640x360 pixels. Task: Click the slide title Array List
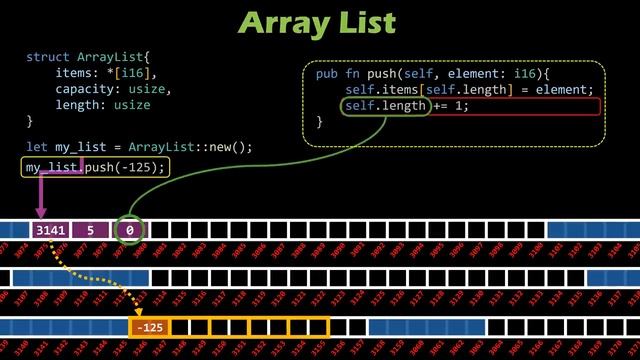point(319,21)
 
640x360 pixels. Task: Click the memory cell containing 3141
point(50,231)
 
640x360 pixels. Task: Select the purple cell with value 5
point(90,231)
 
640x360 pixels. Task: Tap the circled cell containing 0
point(130,231)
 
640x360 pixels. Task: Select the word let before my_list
point(36,147)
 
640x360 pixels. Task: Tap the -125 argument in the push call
point(139,167)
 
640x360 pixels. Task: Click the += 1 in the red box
point(451,106)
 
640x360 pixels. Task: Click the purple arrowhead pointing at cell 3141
point(41,212)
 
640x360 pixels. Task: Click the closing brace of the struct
point(30,122)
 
